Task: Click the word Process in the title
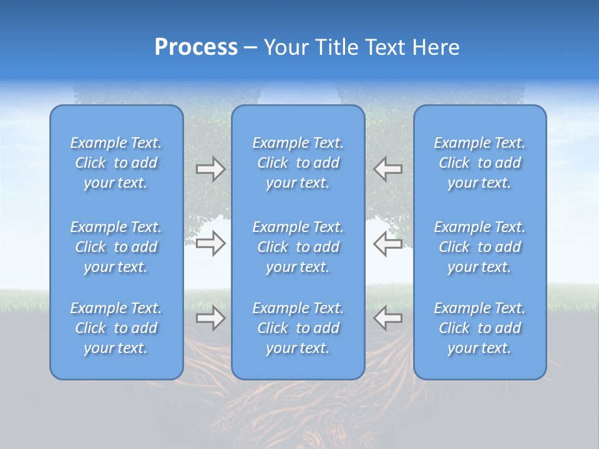(196, 47)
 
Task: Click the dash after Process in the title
(250, 48)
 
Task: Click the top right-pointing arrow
(210, 169)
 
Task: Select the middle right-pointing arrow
(210, 243)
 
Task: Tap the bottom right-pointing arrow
(210, 318)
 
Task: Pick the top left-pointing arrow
(387, 169)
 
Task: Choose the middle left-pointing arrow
(387, 243)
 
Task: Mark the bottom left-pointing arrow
(387, 318)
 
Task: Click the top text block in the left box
(116, 163)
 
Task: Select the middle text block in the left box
(116, 247)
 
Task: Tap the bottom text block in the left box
(116, 328)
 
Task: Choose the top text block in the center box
(298, 163)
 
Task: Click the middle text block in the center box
(298, 247)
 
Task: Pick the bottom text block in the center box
(298, 328)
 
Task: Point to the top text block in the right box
(480, 163)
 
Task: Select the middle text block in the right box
(480, 247)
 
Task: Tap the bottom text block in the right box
(480, 328)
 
